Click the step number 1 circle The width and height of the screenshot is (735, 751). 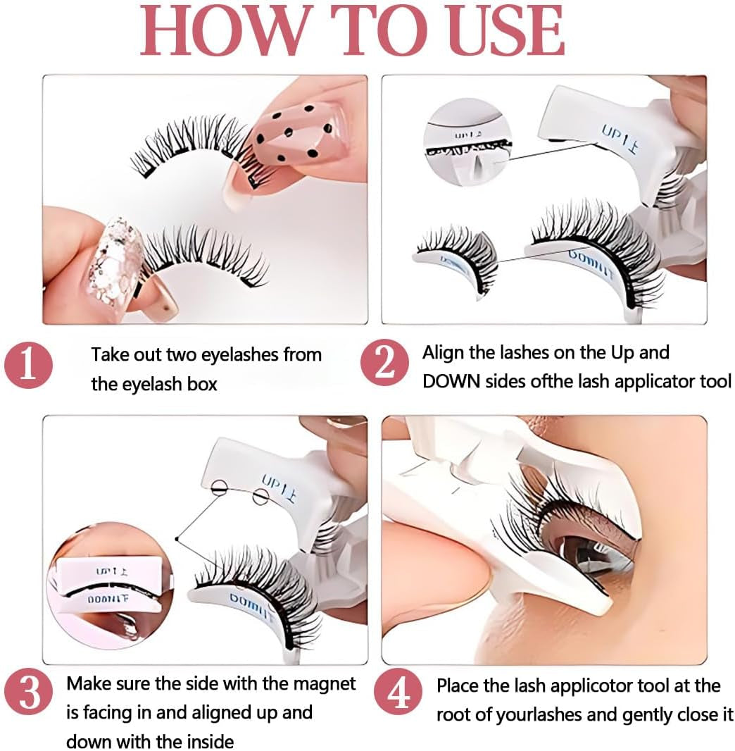pos(29,366)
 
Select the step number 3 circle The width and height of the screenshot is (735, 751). pos(29,694)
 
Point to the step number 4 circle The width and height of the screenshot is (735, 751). pos(399,695)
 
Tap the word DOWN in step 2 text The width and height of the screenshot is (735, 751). pos(451,381)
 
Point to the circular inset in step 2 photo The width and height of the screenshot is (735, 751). pos(467,143)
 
